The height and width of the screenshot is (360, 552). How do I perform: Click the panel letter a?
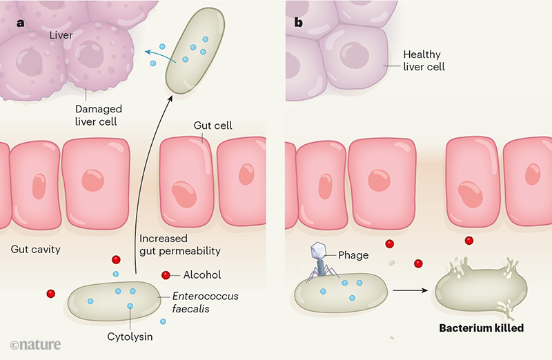[x=21, y=22]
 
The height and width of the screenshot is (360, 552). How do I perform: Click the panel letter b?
[x=298, y=22]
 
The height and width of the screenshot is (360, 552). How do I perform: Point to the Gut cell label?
[x=214, y=126]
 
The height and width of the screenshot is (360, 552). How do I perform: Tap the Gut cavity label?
[x=37, y=249]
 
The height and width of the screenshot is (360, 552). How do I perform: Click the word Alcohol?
[x=202, y=275]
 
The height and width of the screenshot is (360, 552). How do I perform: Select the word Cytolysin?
[x=129, y=337]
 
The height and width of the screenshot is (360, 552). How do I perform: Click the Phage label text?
[x=353, y=255]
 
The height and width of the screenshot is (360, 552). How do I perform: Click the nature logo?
[x=36, y=343]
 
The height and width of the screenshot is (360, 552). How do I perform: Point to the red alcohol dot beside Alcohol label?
[x=166, y=275]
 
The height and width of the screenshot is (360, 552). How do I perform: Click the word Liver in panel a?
[x=61, y=33]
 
